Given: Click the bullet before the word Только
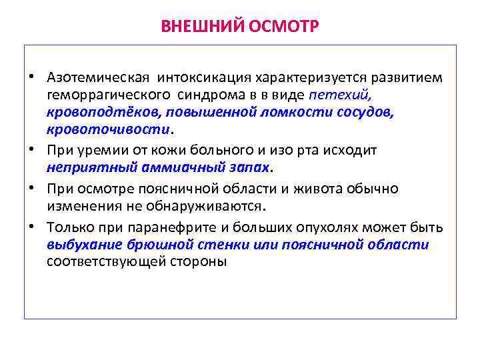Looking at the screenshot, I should tap(31, 227).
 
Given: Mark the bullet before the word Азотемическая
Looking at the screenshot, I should tap(31, 77).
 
